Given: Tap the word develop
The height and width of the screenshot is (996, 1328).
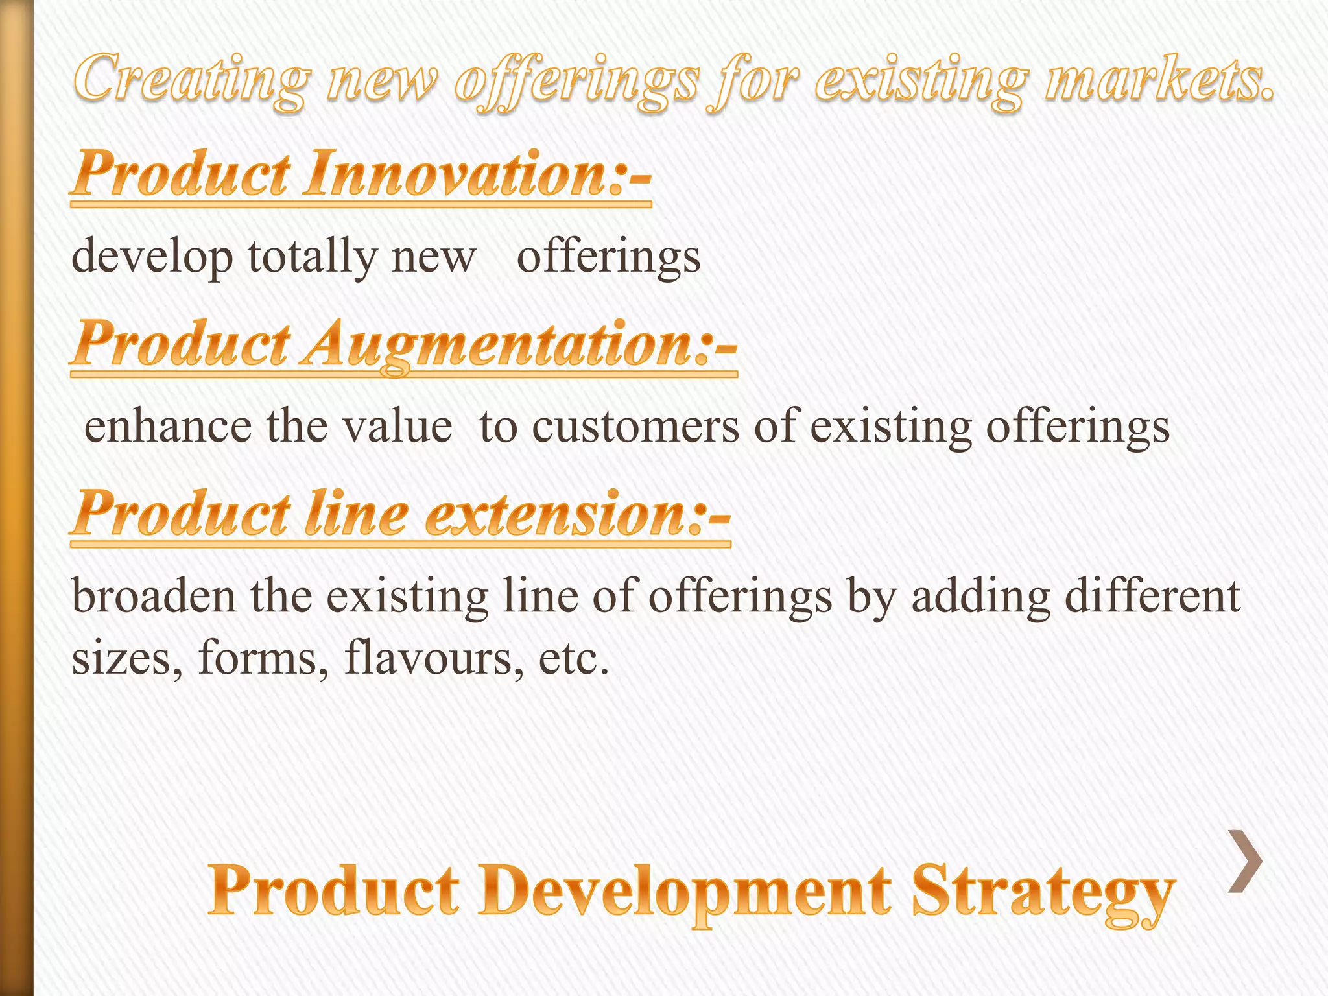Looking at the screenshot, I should (x=152, y=257).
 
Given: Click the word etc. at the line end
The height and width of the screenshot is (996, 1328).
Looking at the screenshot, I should (x=574, y=659).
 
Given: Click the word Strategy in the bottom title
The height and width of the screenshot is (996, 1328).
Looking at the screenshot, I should (x=1043, y=892).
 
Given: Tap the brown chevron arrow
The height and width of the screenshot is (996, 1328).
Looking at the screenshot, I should (x=1245, y=861).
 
